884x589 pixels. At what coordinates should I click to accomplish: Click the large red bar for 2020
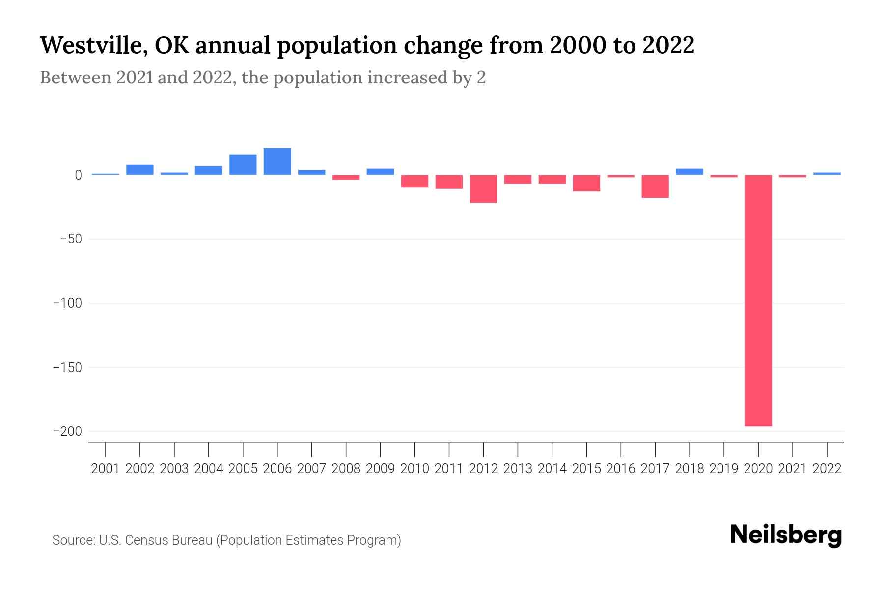click(758, 300)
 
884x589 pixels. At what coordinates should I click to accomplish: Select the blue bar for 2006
click(277, 161)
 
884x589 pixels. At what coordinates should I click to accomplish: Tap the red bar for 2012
click(483, 189)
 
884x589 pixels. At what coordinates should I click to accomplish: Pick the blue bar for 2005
click(243, 165)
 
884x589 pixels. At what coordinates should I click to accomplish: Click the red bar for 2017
click(655, 187)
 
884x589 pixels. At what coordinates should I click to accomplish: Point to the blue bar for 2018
click(690, 172)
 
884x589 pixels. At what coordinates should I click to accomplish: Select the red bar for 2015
click(586, 183)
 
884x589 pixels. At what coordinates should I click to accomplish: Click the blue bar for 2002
click(140, 170)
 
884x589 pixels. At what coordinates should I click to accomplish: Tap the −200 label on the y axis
click(67, 431)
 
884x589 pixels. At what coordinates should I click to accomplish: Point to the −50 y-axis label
click(71, 239)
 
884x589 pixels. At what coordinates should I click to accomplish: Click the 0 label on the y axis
click(78, 175)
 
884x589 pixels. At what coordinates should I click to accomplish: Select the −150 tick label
click(67, 368)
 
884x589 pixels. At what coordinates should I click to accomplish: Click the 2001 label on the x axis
click(106, 469)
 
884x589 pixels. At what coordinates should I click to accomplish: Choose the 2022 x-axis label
click(827, 469)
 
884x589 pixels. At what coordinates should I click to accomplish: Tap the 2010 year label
click(414, 469)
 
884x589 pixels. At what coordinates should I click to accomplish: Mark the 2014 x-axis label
click(552, 469)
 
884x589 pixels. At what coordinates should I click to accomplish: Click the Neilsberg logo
click(786, 535)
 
